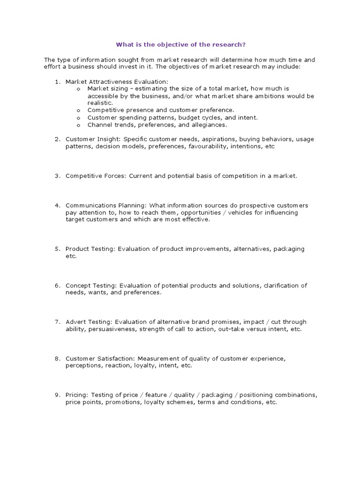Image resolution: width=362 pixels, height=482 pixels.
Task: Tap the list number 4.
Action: click(57, 206)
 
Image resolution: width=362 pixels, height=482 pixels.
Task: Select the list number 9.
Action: click(57, 395)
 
